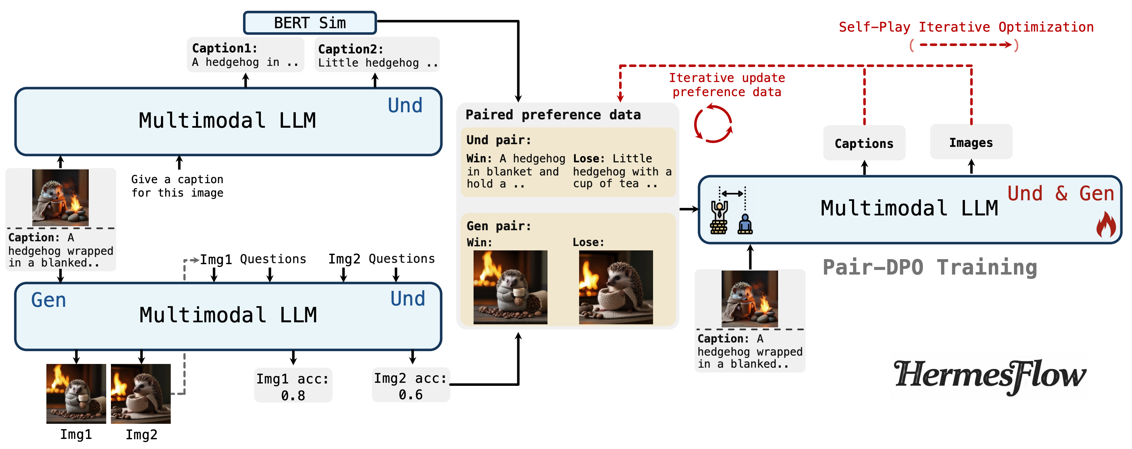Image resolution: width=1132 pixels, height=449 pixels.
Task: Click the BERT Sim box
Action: point(310,23)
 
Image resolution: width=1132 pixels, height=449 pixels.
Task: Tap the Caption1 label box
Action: point(245,55)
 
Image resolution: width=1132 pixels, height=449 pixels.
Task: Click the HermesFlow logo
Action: point(989,376)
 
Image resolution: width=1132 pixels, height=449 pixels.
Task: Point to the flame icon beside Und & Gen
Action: point(1106,225)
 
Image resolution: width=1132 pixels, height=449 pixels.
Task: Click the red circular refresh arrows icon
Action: point(713,123)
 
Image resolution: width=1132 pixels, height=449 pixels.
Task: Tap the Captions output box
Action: point(864,143)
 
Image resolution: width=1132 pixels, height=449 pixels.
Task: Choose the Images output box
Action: point(971,142)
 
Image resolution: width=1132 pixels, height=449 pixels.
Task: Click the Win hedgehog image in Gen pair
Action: point(510,287)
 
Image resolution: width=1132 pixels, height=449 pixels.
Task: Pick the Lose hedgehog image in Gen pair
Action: point(616,287)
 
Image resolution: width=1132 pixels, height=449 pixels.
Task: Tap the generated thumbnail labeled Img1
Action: point(76,394)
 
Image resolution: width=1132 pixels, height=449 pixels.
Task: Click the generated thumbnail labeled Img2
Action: point(140,394)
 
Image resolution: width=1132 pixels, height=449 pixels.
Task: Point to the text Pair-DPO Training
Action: point(929,267)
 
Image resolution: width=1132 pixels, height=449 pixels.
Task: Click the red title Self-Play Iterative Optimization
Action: point(966,27)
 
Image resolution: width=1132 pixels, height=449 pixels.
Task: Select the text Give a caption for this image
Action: point(177,186)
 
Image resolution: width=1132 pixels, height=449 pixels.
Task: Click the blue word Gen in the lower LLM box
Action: point(48,300)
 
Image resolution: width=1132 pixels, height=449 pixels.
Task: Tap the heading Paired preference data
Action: point(553,115)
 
